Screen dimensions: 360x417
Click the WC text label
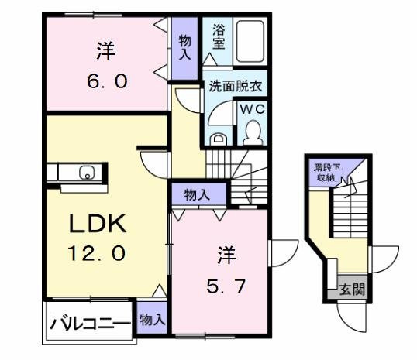[x=253, y=110]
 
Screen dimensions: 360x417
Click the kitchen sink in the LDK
[x=87, y=172]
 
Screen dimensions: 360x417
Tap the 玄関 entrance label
[x=351, y=290]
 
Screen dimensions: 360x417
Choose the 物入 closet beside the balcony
[x=152, y=317]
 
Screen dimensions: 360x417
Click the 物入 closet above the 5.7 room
[x=197, y=194]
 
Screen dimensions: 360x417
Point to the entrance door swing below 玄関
[x=353, y=316]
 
